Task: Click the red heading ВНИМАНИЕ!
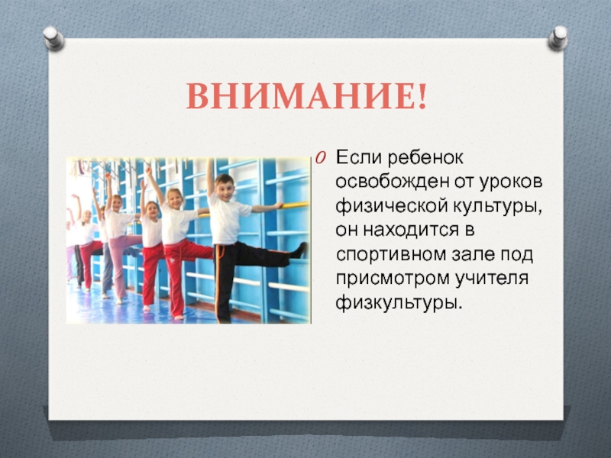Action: click(306, 96)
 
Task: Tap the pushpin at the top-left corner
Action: click(53, 38)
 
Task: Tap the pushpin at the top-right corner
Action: click(558, 38)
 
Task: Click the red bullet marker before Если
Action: click(320, 158)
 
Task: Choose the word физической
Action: click(391, 206)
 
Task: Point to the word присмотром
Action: click(393, 279)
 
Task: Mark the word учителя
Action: click(491, 278)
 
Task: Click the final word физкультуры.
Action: click(399, 303)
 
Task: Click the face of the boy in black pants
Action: click(225, 188)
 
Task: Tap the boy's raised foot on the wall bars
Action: click(300, 250)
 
